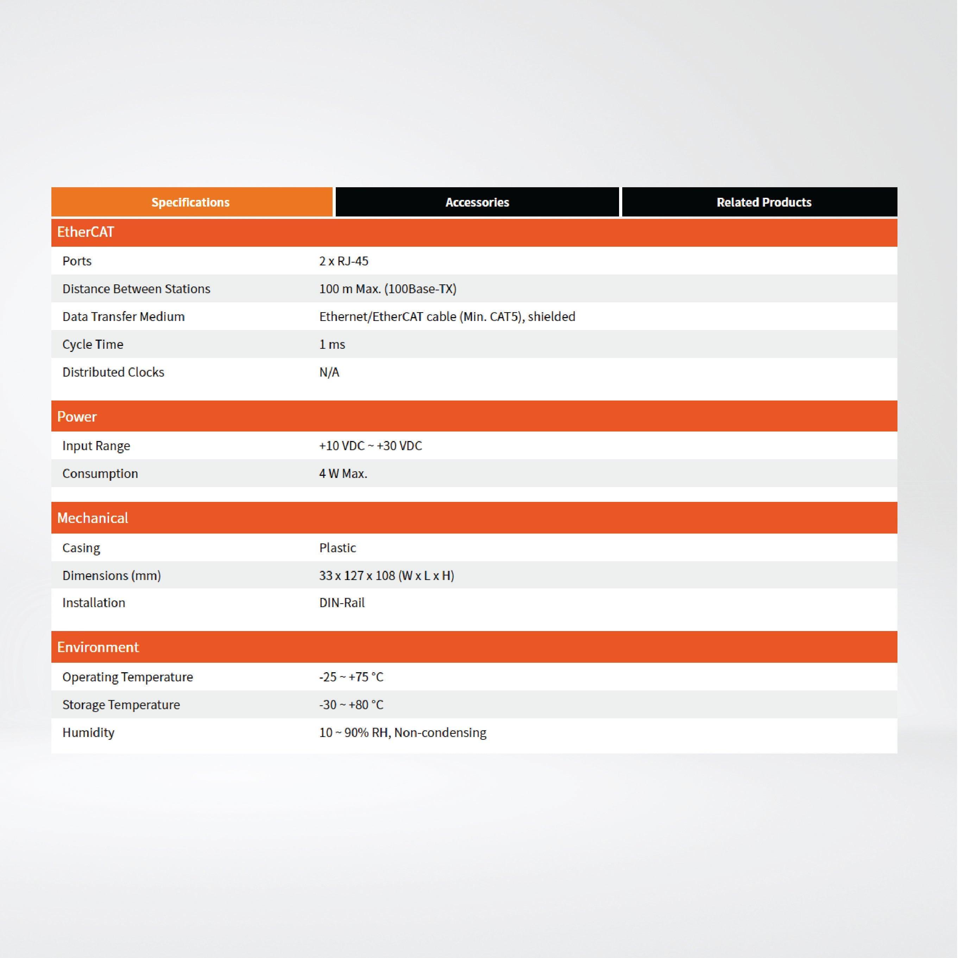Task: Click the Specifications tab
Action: [x=191, y=202]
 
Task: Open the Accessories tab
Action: [x=477, y=202]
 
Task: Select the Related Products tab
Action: [x=764, y=202]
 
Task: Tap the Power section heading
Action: [x=77, y=416]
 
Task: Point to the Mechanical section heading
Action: [x=93, y=518]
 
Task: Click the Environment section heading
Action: [x=98, y=647]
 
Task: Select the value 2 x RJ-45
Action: [x=344, y=261]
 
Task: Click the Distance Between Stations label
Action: [x=136, y=289]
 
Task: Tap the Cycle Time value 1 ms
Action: [x=332, y=345]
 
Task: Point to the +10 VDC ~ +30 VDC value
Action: [x=370, y=446]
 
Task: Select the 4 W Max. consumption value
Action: [x=343, y=474]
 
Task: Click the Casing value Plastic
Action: [x=338, y=548]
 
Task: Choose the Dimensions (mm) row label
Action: [x=112, y=576]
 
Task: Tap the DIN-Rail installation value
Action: [x=342, y=603]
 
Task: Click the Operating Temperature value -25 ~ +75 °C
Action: [x=351, y=677]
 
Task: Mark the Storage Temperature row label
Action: [x=121, y=705]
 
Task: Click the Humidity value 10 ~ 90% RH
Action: [x=403, y=733]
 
